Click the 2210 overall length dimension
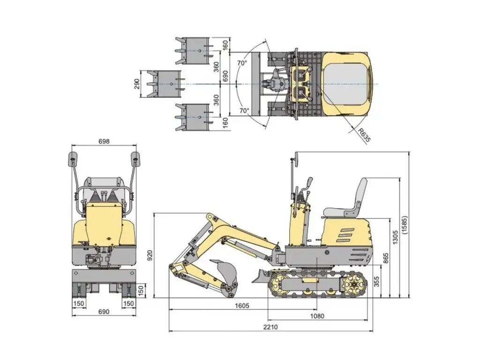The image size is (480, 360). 270,327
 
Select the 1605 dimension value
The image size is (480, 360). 242,305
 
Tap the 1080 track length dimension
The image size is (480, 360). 317,316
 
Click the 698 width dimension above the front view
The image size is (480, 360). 104,141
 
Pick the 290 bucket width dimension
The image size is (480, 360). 136,84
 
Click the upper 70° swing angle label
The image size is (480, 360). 241,63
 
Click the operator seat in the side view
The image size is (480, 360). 349,202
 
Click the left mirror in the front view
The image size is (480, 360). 73,158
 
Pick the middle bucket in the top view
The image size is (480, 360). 164,84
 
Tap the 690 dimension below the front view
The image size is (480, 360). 104,312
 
